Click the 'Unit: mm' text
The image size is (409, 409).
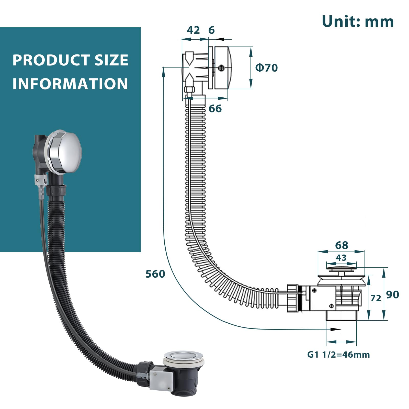[358, 21]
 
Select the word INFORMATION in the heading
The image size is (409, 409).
[70, 84]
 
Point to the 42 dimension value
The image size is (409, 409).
[193, 30]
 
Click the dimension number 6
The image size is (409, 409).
[211, 30]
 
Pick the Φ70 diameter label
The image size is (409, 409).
[267, 68]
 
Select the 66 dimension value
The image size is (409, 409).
[215, 109]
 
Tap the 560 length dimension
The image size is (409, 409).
[155, 274]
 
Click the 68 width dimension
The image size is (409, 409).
[342, 245]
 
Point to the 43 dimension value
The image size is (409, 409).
[341, 257]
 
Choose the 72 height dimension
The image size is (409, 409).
[376, 298]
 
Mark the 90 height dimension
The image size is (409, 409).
[393, 295]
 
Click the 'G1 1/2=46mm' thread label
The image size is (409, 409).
[338, 355]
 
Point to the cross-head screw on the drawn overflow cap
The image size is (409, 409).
[221, 68]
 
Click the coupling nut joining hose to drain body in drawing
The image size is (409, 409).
[293, 298]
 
